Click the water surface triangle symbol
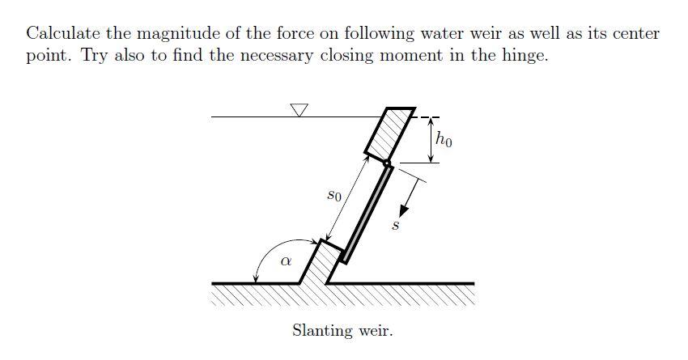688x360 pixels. (x=299, y=110)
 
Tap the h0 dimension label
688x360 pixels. (x=444, y=139)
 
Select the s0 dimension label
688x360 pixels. (x=334, y=195)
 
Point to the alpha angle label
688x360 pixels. (x=284, y=261)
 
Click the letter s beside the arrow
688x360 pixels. (x=395, y=226)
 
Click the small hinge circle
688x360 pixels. (x=387, y=164)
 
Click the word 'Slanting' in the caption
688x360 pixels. (x=321, y=331)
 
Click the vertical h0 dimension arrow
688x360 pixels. (x=431, y=139)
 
